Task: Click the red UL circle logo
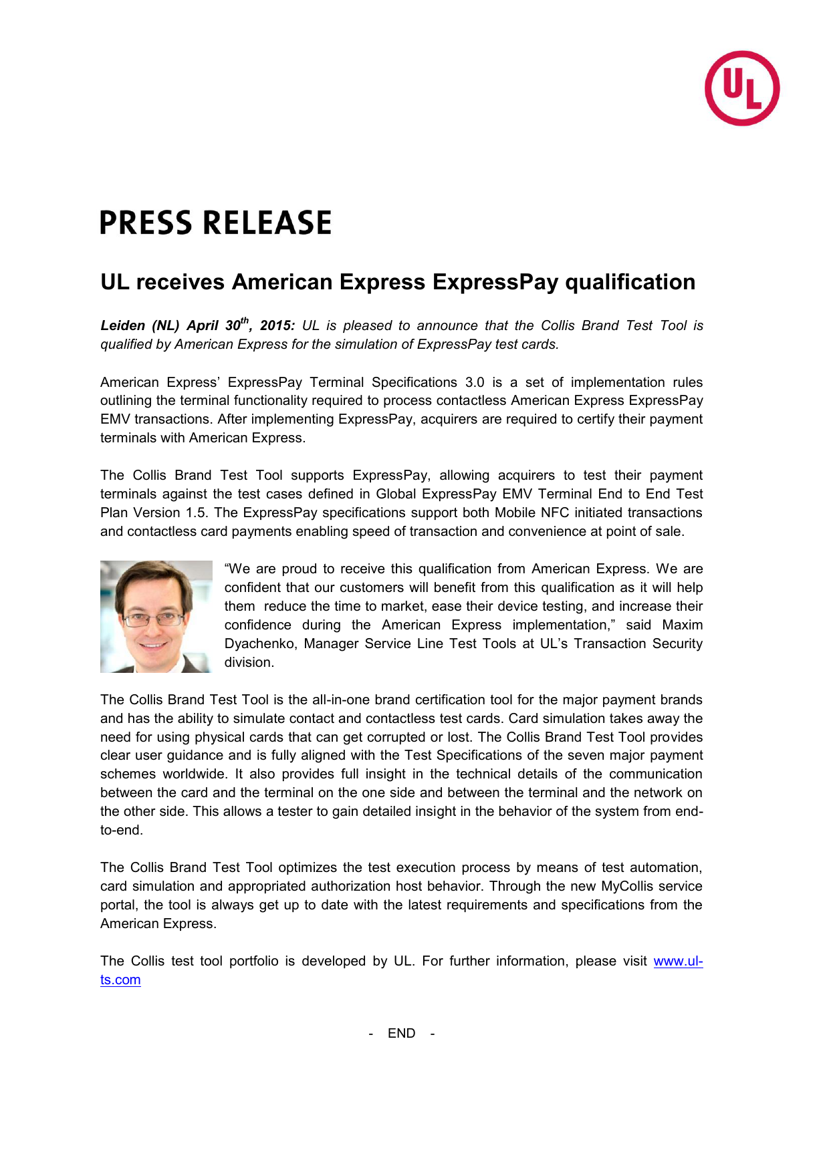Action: click(x=742, y=88)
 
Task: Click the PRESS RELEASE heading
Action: click(x=215, y=223)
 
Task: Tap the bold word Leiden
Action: click(x=122, y=326)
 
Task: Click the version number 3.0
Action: click(x=475, y=383)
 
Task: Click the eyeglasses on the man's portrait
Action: click(x=153, y=619)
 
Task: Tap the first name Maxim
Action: click(x=682, y=625)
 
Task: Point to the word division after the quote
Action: click(x=249, y=663)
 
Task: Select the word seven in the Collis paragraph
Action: click(x=585, y=756)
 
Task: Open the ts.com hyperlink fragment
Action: click(x=120, y=980)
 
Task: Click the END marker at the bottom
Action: click(x=401, y=1034)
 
